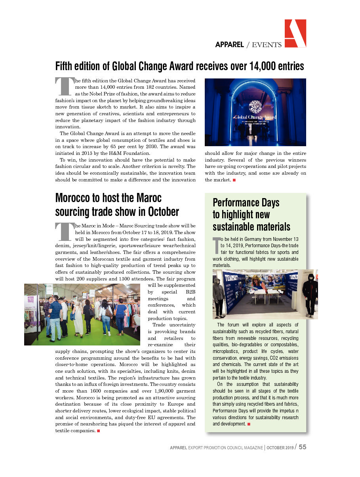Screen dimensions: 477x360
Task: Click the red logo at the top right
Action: pos(295,33)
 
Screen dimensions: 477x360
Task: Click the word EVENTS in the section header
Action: pos(267,45)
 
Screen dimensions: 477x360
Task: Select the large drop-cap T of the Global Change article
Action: pos(65,86)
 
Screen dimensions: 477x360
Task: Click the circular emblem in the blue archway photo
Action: pos(255,107)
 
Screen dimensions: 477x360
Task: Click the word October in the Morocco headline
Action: pos(160,212)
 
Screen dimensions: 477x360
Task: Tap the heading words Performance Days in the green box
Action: pos(246,202)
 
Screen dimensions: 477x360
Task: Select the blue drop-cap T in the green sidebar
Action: pos(216,245)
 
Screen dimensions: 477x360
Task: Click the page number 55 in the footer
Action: pos(302,447)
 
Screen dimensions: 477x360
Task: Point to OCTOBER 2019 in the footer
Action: pos(280,448)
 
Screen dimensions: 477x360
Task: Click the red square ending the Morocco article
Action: pos(98,431)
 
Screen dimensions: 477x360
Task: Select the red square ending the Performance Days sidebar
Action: pos(249,424)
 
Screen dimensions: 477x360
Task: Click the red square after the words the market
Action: pos(234,180)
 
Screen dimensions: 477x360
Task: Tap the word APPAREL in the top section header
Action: pos(229,45)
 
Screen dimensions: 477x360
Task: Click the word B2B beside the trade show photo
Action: pos(189,292)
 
